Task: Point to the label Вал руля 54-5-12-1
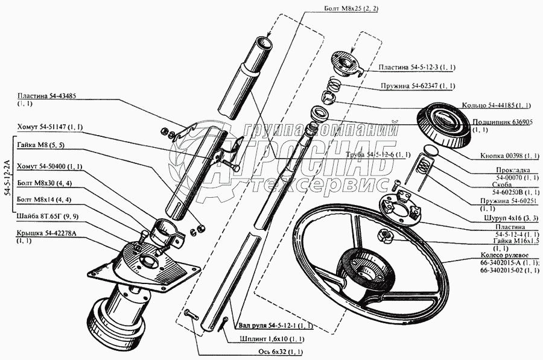[275, 326]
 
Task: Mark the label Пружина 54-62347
[416, 86]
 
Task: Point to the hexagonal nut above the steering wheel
[384, 235]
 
